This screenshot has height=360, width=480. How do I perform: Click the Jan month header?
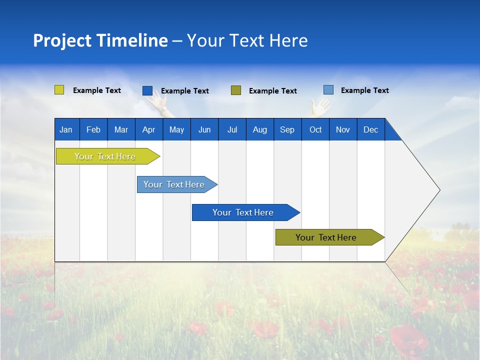(66, 129)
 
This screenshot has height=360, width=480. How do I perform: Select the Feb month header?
(93, 129)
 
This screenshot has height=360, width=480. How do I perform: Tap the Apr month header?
(148, 129)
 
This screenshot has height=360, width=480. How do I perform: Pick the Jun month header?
(204, 129)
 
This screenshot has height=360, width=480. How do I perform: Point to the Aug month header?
(259, 129)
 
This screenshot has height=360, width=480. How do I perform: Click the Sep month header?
(287, 129)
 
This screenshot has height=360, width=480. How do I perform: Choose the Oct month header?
(315, 129)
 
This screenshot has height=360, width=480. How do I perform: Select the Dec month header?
(370, 129)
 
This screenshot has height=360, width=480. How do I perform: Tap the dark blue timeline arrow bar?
(243, 212)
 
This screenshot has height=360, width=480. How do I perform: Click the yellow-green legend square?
(59, 90)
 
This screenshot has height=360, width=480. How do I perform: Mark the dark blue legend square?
(147, 90)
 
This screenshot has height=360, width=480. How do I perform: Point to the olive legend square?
(236, 90)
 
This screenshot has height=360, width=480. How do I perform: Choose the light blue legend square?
(328, 90)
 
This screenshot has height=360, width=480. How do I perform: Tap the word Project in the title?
(62, 40)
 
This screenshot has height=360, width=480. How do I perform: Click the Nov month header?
(342, 129)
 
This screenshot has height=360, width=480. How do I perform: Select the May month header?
(176, 129)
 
